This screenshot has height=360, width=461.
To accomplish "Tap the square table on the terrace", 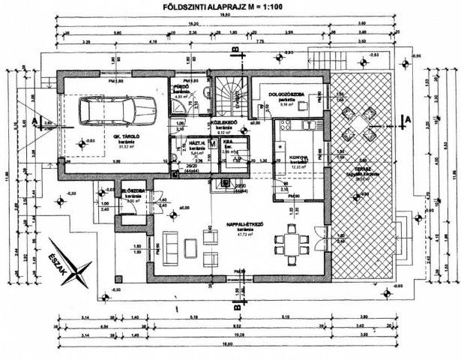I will tap(353, 115).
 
